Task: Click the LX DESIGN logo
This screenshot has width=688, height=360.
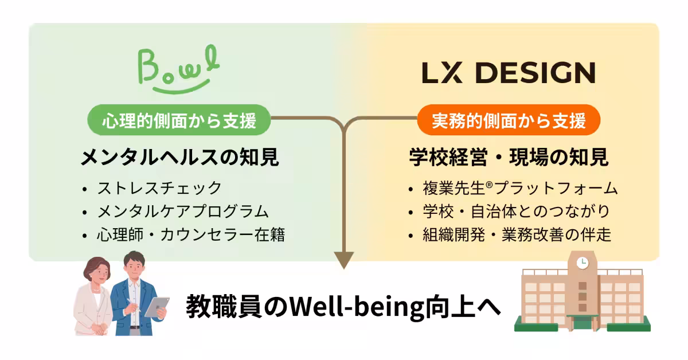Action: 509,73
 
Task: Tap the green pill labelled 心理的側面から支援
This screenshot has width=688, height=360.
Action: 179,120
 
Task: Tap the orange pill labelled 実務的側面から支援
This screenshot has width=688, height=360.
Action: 509,120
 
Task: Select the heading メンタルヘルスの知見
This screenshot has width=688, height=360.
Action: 179,157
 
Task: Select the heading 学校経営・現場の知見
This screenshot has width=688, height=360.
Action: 509,157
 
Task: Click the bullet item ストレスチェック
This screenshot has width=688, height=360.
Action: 159,188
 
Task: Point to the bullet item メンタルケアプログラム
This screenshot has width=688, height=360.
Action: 183,212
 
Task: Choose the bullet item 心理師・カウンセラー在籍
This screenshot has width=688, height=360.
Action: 191,234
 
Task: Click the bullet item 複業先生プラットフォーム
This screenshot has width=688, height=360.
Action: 520,188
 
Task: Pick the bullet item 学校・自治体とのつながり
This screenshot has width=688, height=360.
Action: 517,212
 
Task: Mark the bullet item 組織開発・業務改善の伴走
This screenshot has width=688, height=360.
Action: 517,234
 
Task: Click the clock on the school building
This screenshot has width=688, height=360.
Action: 582,263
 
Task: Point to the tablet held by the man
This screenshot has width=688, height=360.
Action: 157,307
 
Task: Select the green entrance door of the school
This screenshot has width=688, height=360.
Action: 583,323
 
